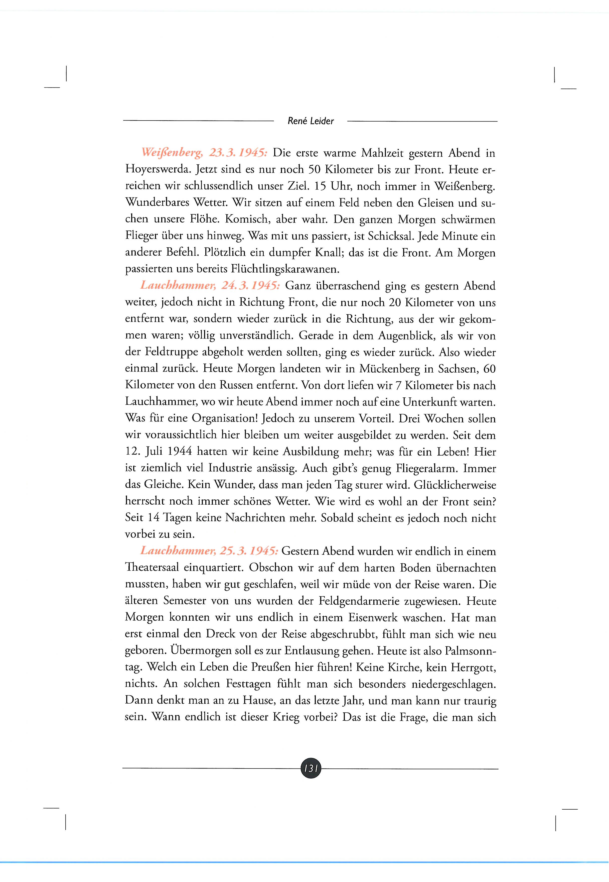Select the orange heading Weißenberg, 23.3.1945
(x=204, y=153)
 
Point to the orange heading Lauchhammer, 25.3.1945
(x=209, y=551)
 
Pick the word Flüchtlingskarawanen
(x=285, y=269)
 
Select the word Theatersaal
(x=151, y=568)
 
